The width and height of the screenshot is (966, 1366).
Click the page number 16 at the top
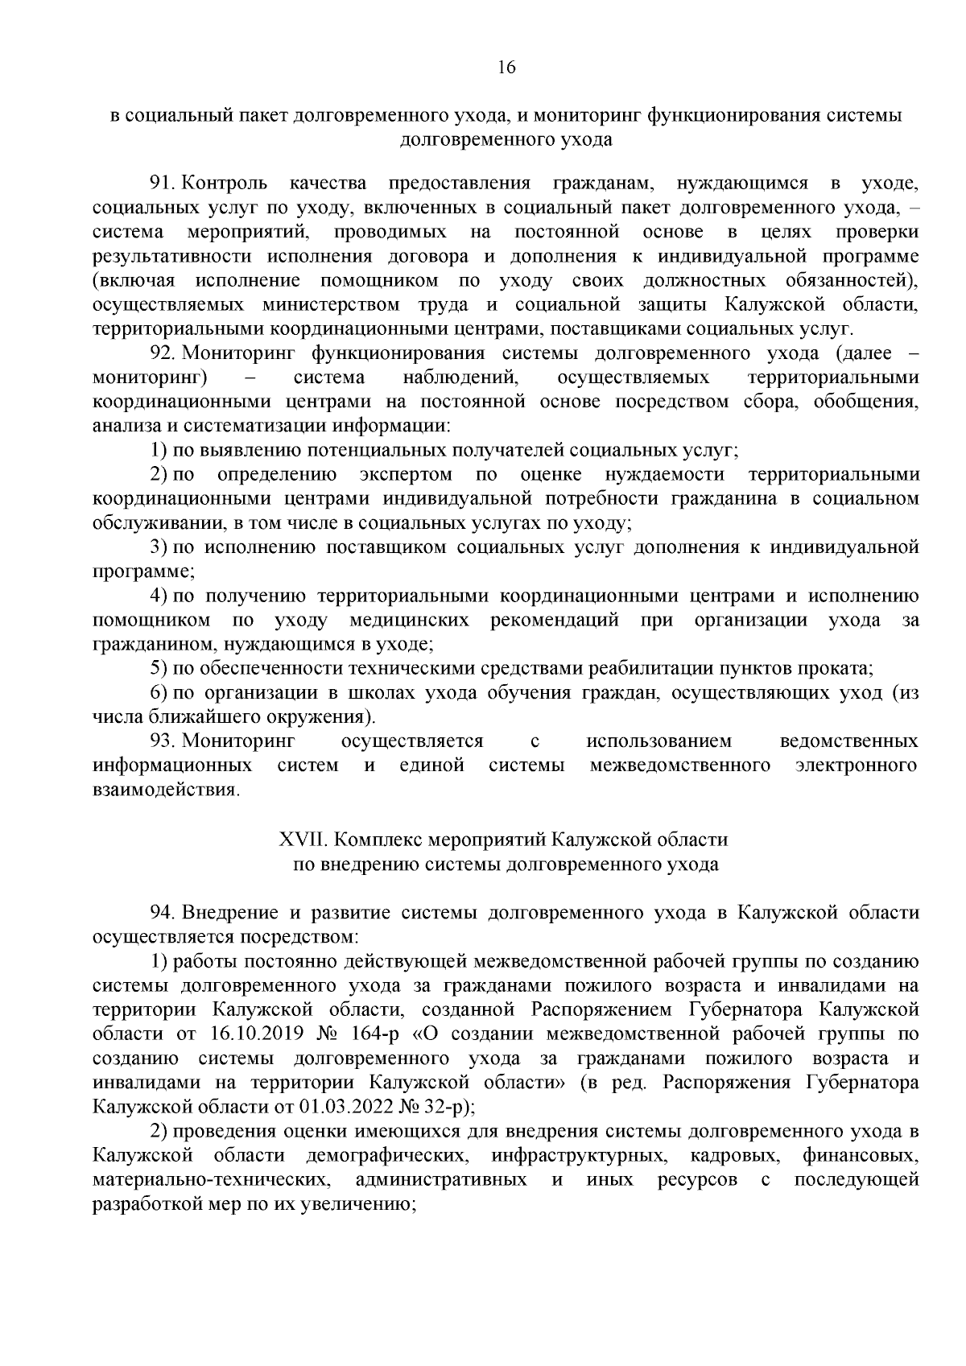tap(506, 67)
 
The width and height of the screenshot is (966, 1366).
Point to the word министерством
tap(331, 305)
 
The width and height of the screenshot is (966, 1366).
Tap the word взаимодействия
tap(166, 790)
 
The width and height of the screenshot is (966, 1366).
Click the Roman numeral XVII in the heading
tap(301, 840)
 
